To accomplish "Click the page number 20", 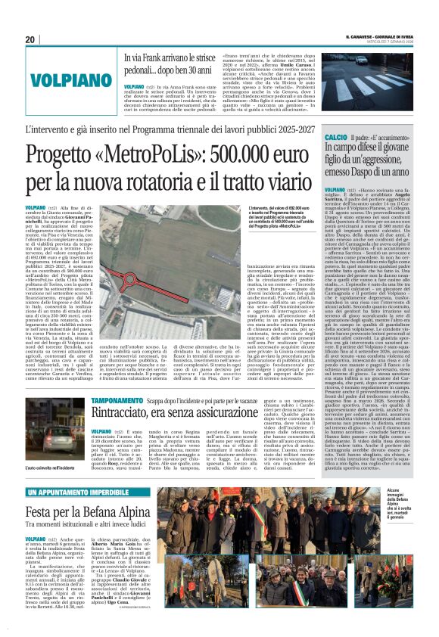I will point(30,39).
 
